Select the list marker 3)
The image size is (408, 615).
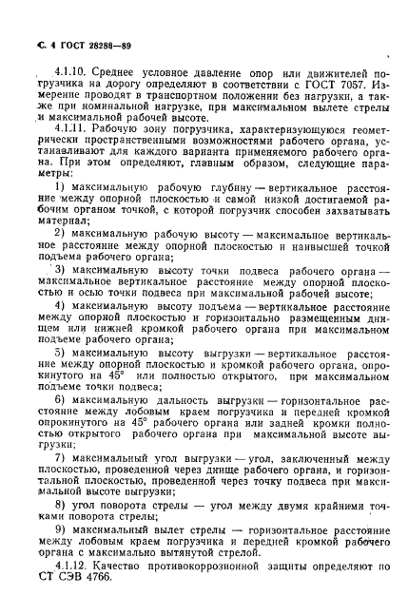(62, 271)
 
